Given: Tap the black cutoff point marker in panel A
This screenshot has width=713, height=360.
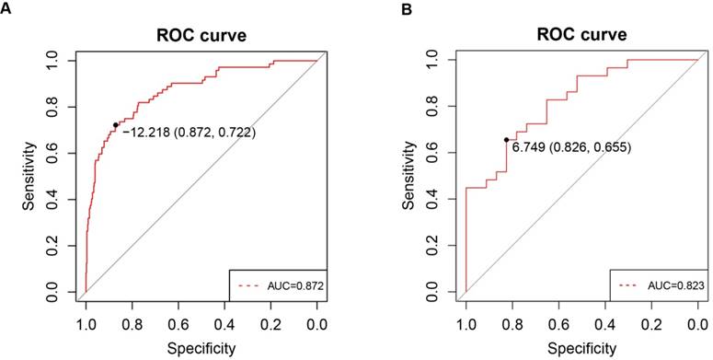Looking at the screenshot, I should [116, 125].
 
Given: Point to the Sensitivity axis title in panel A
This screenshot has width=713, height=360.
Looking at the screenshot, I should [31, 177].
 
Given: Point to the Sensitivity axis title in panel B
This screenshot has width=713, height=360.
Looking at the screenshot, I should [411, 177].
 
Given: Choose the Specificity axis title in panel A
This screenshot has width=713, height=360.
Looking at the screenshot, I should [201, 347].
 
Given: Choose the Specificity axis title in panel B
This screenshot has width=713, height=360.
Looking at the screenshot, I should [581, 347].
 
